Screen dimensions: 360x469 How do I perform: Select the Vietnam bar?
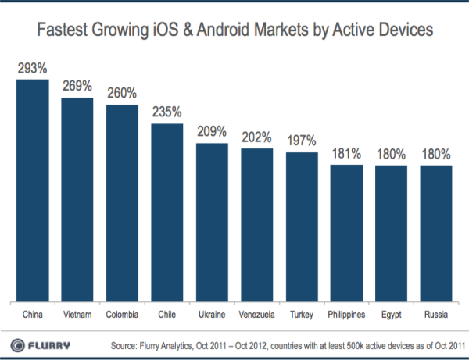(x=77, y=199)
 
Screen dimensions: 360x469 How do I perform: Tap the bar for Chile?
(x=167, y=212)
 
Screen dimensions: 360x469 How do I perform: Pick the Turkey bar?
(x=302, y=226)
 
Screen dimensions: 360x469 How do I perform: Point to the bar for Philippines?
(x=346, y=233)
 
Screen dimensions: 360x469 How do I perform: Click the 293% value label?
(x=32, y=69)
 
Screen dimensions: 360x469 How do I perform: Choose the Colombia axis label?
(x=122, y=315)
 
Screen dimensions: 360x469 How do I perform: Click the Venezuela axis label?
(x=257, y=315)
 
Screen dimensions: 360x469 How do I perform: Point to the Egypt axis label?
(x=392, y=315)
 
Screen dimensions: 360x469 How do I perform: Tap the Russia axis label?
(x=436, y=315)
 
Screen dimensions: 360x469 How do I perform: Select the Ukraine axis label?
(x=212, y=315)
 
